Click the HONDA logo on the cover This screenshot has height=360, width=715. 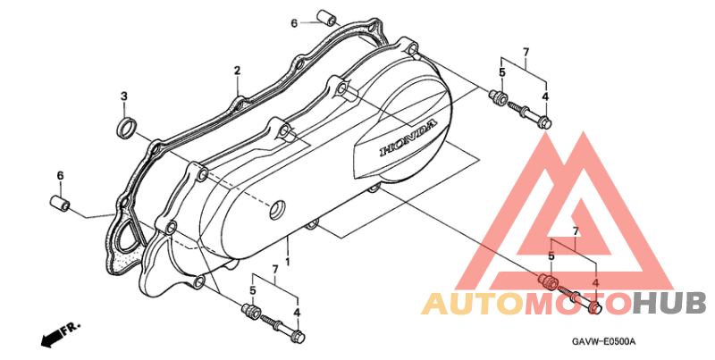408,138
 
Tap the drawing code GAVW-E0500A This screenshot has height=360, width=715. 604,341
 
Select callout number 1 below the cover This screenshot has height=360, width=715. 288,262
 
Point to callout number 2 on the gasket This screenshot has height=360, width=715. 237,71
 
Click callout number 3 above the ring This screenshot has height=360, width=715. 124,96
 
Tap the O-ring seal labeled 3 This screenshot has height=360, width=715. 126,128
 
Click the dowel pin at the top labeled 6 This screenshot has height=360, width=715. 327,17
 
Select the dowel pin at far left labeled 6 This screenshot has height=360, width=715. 59,204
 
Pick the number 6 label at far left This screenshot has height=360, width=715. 60,176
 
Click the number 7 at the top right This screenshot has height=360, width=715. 526,52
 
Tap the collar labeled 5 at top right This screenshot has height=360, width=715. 498,97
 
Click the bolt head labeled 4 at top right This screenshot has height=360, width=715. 544,122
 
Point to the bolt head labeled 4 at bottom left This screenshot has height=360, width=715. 299,338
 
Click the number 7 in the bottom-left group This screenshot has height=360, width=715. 275,269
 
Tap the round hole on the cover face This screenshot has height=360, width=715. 277,210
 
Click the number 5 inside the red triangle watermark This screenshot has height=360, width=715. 551,256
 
